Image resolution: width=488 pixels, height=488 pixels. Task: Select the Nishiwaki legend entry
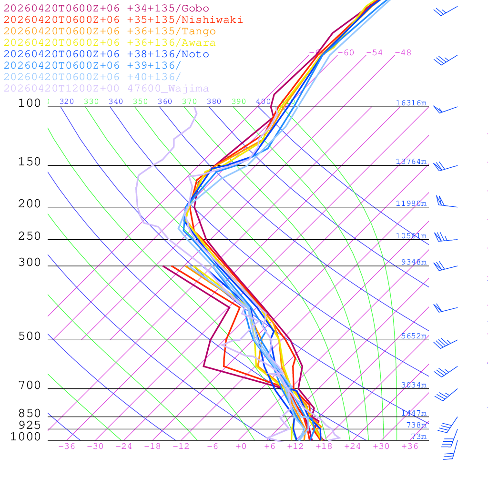123,20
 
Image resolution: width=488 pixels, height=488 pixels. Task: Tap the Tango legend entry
110,31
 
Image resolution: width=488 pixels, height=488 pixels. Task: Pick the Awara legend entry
110,43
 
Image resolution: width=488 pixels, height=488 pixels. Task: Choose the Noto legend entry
106,54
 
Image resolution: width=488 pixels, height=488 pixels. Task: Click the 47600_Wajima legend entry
106,89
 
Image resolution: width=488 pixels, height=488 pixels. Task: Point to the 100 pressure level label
30,103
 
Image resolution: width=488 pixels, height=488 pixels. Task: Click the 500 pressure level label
30,336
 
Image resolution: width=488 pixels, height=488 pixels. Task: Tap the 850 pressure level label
30,414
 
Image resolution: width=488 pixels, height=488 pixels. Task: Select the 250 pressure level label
30,236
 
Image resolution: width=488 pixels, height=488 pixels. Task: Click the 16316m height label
411,103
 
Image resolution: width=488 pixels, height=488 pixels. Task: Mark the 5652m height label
413,336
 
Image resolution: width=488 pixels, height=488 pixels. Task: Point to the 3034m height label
413,385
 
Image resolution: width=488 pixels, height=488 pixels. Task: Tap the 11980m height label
411,203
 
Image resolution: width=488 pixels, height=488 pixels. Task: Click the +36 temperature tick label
410,447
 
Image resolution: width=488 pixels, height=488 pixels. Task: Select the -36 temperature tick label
66,447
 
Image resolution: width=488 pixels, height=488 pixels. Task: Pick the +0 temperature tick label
241,447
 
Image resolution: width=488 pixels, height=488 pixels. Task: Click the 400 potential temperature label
263,102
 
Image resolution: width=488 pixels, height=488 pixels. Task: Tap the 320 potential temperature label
66,102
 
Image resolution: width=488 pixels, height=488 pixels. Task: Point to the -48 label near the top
403,53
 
